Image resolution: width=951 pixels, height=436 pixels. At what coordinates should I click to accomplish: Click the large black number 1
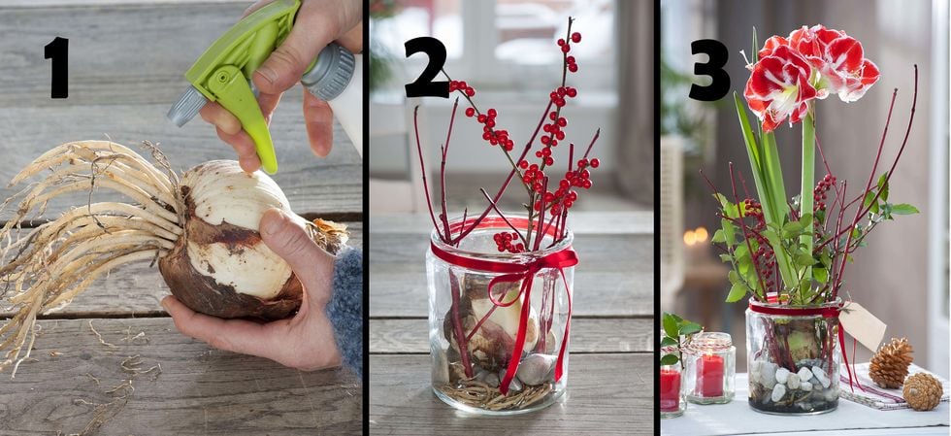pos(58,67)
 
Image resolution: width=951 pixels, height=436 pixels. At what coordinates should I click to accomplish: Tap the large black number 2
pos(426,67)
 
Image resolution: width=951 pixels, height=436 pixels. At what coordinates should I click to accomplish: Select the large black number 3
pos(709,69)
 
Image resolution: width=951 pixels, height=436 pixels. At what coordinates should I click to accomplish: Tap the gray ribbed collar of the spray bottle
pos(328,72)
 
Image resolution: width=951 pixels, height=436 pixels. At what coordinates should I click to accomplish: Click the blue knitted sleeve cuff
pos(346,310)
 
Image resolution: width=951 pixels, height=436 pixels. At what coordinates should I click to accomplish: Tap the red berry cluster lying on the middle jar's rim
pos(508,242)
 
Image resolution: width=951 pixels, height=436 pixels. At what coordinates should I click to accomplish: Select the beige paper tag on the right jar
pos(863,326)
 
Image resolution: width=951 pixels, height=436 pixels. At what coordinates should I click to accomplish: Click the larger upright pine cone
pos(891,362)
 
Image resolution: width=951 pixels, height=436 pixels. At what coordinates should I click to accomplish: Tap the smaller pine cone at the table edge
pos(923,391)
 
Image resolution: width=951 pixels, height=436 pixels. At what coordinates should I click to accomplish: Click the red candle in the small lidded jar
pos(709,375)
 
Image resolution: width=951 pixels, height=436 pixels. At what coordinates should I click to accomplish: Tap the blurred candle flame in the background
pos(695,236)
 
